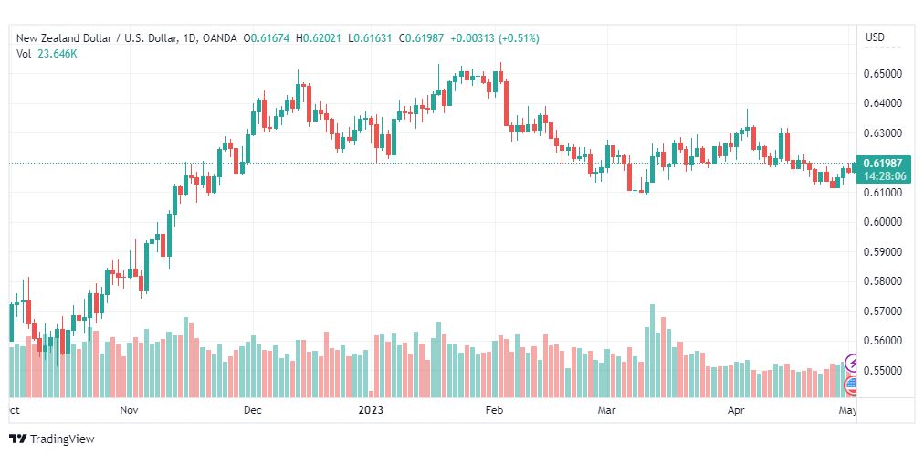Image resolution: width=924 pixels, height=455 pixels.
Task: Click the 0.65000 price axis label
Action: click(x=882, y=74)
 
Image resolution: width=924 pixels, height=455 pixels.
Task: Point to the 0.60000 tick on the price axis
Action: click(x=882, y=222)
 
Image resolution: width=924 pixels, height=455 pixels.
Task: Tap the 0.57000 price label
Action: click(x=882, y=312)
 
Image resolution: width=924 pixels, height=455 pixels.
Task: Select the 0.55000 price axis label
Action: click(x=882, y=371)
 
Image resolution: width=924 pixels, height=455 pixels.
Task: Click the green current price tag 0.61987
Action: click(x=884, y=164)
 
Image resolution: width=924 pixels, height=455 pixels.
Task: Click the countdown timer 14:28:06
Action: click(x=884, y=175)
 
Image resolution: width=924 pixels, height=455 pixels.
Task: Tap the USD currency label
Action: click(x=875, y=37)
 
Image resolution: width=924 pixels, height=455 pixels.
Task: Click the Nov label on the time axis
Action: click(x=129, y=410)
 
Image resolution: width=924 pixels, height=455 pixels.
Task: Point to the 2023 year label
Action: click(x=372, y=410)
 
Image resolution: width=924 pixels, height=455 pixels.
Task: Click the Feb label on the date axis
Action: click(x=494, y=410)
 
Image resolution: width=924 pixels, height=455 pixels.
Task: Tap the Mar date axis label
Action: click(x=605, y=410)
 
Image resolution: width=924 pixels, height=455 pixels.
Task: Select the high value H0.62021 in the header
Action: click(x=319, y=38)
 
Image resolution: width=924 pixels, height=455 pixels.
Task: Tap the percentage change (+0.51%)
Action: click(x=519, y=38)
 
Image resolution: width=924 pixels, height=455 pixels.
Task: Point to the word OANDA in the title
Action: click(x=219, y=38)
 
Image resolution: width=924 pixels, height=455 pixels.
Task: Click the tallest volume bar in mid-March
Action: click(x=652, y=351)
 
